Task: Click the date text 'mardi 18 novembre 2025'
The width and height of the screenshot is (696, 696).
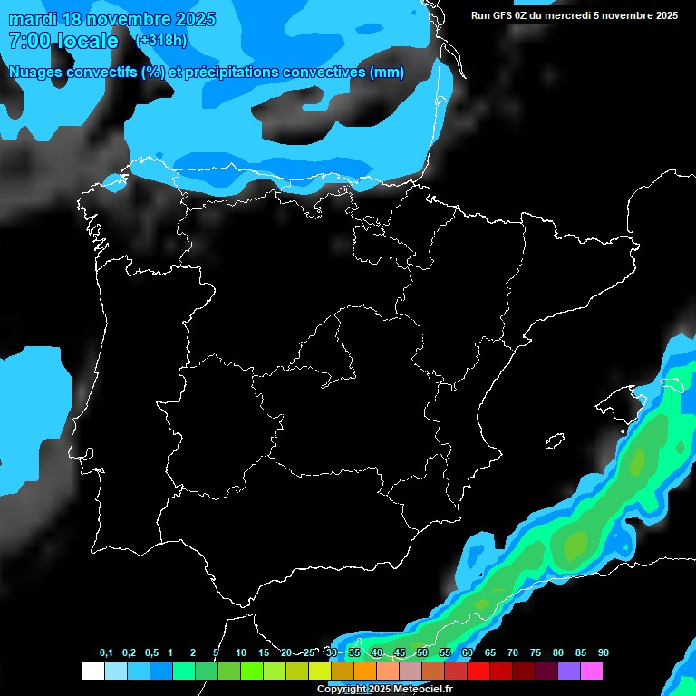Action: [x=111, y=20]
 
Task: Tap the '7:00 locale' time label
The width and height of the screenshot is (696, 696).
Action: [x=63, y=42]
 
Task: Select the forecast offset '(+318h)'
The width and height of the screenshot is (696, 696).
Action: [x=160, y=41]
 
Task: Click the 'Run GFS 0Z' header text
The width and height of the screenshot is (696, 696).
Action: [x=498, y=15]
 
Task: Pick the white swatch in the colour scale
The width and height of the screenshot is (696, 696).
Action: [x=93, y=672]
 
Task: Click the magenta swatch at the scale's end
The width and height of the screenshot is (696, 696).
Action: [x=592, y=672]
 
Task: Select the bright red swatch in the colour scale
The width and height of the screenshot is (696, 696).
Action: [x=478, y=672]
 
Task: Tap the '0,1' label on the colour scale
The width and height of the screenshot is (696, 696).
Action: [x=106, y=653]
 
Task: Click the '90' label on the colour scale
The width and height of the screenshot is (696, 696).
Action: [x=604, y=653]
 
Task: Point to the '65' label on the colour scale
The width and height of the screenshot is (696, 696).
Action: [x=490, y=653]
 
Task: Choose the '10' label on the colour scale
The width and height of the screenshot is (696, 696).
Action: [x=241, y=653]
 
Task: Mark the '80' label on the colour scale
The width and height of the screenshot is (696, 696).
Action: [x=558, y=653]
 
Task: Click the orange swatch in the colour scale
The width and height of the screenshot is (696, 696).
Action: [x=365, y=672]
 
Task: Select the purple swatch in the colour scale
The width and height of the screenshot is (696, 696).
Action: [x=569, y=672]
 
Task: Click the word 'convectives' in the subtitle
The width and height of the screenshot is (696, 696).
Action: [x=326, y=72]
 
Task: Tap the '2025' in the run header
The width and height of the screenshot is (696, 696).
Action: [x=665, y=15]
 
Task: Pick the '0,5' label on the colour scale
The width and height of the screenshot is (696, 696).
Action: [x=151, y=653]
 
